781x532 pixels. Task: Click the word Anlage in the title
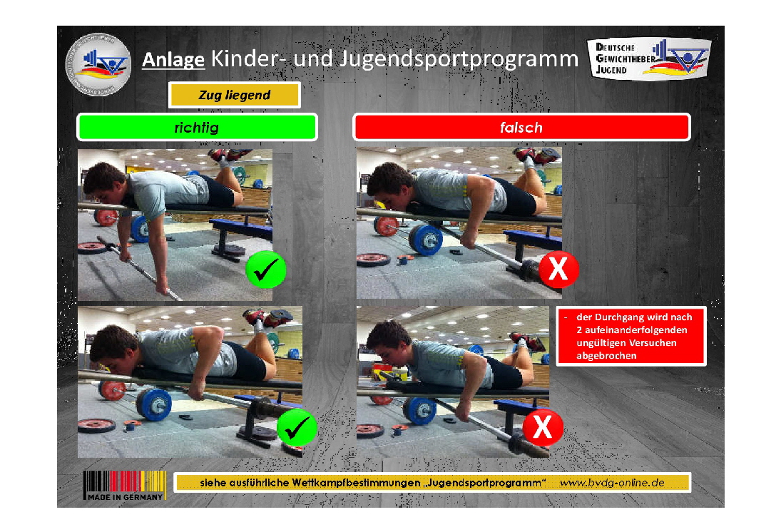point(174,59)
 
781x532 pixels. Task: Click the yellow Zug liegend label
point(234,95)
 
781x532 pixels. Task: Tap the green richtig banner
point(197,128)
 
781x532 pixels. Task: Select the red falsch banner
point(521,128)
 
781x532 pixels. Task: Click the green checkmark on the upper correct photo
point(265,270)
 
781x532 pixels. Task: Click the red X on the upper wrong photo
point(558,270)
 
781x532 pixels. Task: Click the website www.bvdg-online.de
point(611,483)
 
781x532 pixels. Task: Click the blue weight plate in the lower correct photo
point(153,404)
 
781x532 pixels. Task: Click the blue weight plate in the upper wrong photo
point(426,240)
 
